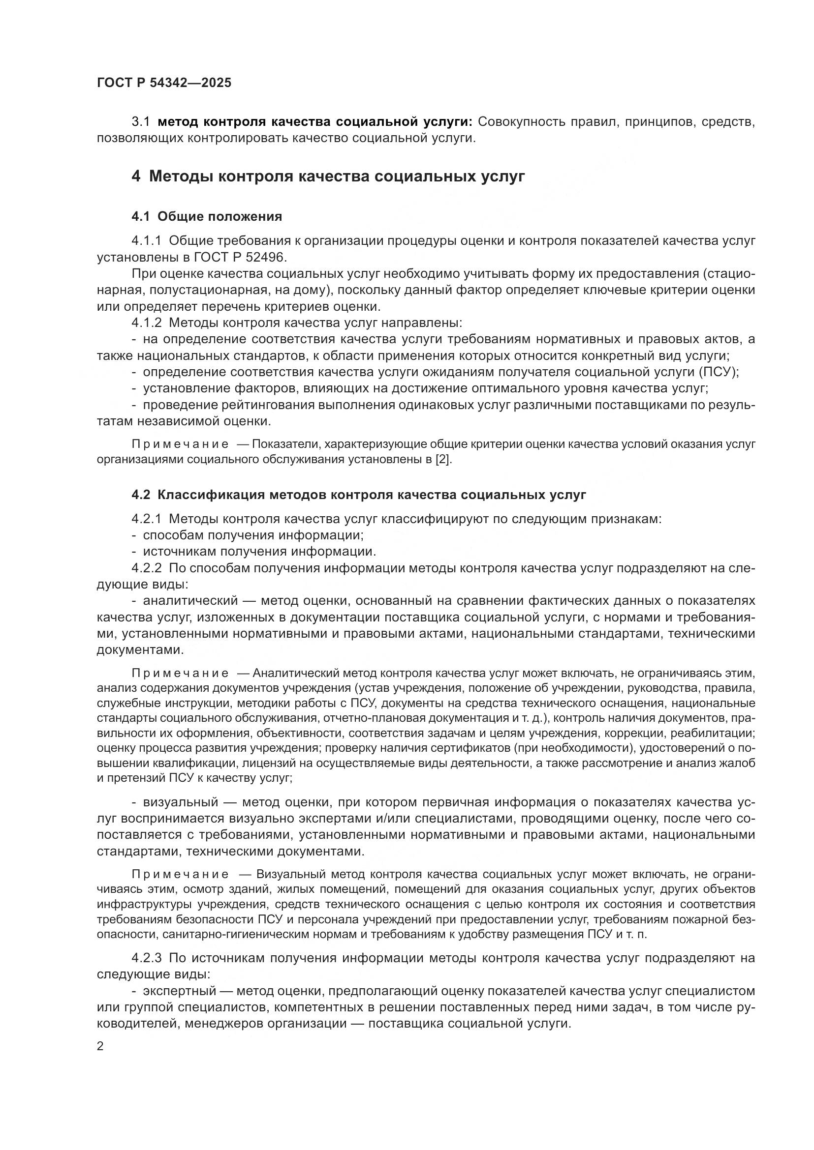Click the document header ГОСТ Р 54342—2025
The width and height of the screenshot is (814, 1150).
164,83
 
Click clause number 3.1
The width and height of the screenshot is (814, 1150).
141,122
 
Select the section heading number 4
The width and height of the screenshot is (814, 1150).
136,177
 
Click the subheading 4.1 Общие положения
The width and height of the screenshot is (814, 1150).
207,216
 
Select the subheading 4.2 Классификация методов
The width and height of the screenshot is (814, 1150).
358,495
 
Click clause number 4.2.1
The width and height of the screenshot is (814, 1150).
146,519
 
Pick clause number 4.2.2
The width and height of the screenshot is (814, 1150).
146,568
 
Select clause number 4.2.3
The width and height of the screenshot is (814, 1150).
146,958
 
